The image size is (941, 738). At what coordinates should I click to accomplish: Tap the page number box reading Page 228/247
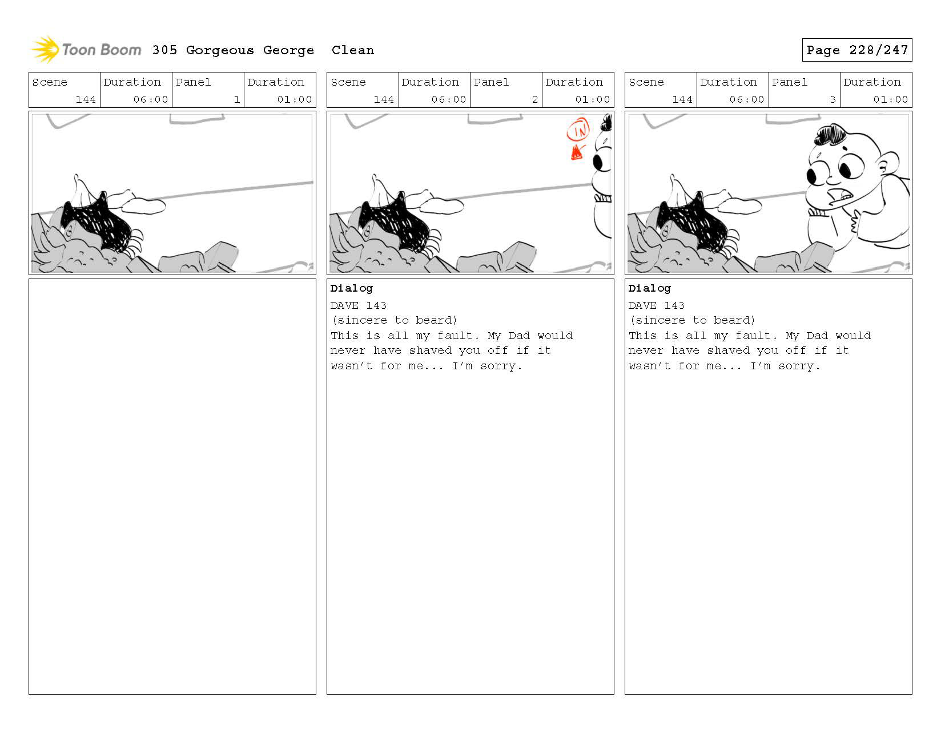(x=856, y=50)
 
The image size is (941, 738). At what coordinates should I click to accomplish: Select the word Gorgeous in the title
(x=220, y=50)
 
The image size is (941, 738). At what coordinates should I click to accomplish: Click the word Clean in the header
(x=352, y=50)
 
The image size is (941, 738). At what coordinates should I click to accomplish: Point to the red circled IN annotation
(x=578, y=130)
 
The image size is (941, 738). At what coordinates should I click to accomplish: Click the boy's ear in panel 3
(x=887, y=164)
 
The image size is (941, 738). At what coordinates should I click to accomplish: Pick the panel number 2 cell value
(x=535, y=99)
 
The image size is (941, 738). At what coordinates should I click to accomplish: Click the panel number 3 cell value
(x=833, y=99)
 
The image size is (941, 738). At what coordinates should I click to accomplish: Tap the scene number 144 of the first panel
(x=86, y=99)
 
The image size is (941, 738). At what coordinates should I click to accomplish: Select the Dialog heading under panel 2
(x=351, y=288)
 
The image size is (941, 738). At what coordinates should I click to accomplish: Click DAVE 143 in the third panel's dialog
(x=656, y=305)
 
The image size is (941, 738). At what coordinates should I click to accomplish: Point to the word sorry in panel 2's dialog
(x=497, y=366)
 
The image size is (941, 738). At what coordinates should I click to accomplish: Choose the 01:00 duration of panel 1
(x=295, y=99)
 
